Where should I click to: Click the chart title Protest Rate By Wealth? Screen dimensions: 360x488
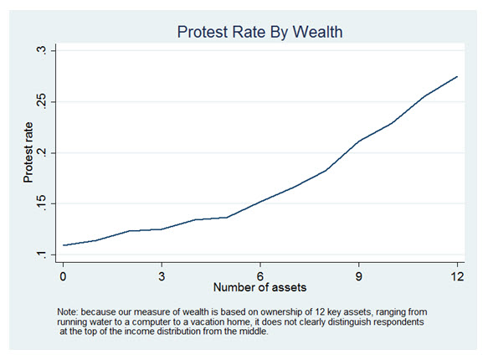[x=259, y=32]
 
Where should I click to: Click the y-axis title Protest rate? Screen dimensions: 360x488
[x=28, y=154]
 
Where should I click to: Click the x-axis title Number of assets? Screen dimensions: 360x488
[x=259, y=287]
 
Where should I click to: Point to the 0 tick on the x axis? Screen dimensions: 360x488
[x=63, y=274]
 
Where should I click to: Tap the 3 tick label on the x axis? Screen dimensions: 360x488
[x=162, y=274]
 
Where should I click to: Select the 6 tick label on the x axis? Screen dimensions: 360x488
[x=260, y=274]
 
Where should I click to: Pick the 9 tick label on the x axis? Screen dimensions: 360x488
[x=359, y=274]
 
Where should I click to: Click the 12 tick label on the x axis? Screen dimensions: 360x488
[x=457, y=274]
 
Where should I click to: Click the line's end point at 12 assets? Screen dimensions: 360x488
[x=457, y=76]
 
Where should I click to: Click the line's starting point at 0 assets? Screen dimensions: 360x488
[x=63, y=245]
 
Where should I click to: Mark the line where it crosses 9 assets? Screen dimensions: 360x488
[x=359, y=141]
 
